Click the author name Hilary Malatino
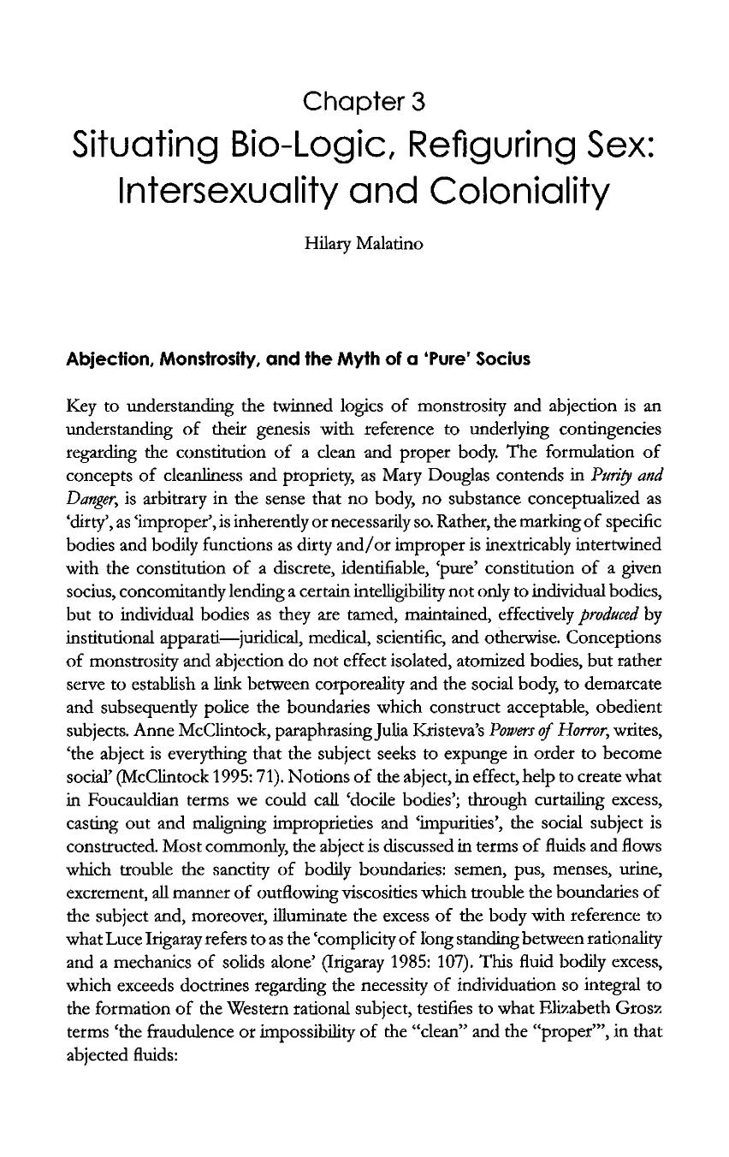364,244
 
